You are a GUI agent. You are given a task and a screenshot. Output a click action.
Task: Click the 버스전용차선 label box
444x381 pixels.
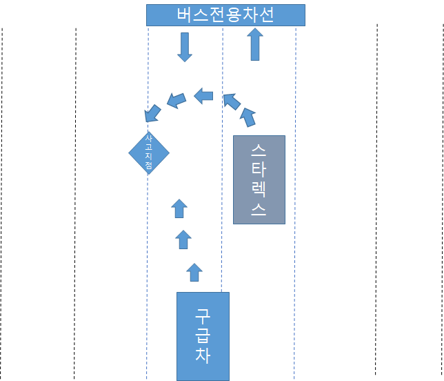coord(225,15)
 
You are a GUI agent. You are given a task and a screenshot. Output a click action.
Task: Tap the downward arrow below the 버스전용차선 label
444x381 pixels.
coord(184,47)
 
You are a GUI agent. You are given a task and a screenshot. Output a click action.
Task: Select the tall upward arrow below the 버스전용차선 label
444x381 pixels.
coord(255,45)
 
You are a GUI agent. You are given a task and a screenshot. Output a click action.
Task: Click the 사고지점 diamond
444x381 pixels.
coord(149,153)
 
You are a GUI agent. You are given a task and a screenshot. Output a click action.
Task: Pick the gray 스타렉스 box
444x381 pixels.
coord(259,179)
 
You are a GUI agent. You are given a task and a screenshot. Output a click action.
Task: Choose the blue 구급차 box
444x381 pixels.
coord(203,336)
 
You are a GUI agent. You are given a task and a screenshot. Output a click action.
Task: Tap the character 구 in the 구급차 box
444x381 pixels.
coord(203,316)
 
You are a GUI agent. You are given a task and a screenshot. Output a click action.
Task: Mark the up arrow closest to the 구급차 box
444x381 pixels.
coord(194,272)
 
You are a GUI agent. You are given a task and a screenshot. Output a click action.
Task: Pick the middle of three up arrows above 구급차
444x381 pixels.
coord(183,240)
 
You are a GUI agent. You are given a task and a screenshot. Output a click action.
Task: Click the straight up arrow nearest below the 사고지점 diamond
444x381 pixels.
coord(179,208)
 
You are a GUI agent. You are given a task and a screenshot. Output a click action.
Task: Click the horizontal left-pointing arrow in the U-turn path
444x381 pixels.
coord(203,96)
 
